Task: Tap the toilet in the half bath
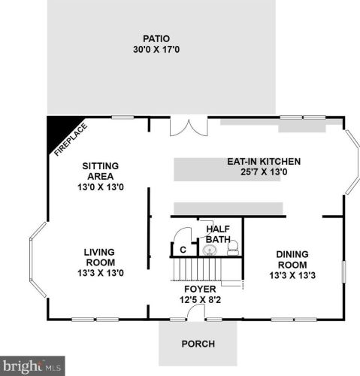233,247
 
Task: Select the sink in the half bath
210,249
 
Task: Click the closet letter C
182,250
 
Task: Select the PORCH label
198,344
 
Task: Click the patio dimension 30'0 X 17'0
156,51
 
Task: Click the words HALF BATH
218,235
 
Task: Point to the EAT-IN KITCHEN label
264,161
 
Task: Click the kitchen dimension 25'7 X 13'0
264,172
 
